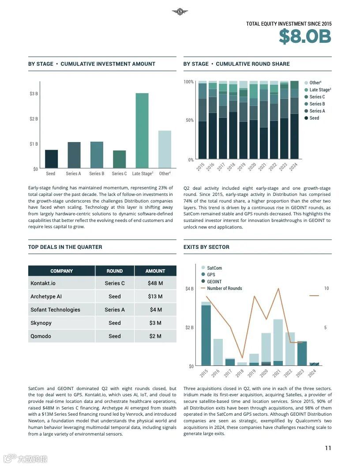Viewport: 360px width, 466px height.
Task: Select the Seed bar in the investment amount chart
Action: [51, 159]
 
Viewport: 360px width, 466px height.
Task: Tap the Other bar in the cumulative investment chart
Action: [165, 149]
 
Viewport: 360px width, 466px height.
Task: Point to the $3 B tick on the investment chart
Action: [34, 94]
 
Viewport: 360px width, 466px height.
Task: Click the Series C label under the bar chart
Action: [119, 174]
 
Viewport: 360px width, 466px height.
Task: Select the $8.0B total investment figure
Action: [304, 37]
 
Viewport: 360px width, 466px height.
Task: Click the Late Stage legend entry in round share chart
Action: [319, 90]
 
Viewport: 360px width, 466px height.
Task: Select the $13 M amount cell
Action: [155, 297]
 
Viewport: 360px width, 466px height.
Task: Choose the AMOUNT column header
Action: [155, 271]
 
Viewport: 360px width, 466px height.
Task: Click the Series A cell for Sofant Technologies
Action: [115, 310]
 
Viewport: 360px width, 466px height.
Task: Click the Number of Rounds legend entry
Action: [224, 289]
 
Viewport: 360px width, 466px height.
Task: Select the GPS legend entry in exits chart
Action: [211, 275]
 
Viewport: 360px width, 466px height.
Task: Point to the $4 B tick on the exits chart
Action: [189, 289]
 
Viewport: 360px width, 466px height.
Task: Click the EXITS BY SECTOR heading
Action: [206, 247]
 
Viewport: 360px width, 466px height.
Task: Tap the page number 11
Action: [328, 448]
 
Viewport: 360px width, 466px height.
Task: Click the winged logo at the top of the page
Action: [180, 12]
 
